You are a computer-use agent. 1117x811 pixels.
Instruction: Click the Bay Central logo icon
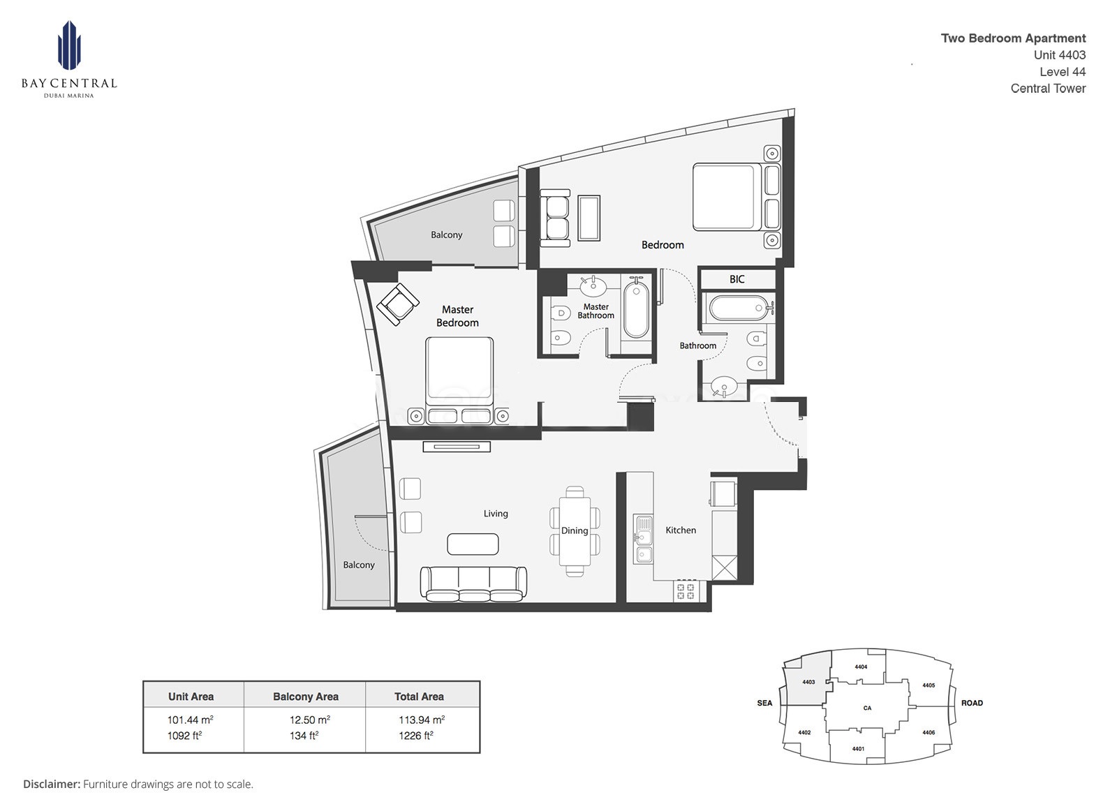69,46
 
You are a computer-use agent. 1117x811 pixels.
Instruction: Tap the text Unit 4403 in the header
1059,55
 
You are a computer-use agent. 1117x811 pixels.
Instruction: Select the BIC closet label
737,279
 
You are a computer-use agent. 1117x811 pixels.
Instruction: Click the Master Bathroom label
596,311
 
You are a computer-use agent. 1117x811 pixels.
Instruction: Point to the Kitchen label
680,530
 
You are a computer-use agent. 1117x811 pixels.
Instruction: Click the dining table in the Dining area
575,531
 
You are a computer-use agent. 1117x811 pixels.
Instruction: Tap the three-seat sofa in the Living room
473,583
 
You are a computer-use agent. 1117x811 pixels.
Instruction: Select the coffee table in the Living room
473,544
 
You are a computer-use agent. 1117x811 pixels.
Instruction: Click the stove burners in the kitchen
686,591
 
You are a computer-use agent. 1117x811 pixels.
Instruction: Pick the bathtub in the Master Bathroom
636,309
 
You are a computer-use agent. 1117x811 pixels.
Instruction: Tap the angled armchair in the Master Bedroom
397,304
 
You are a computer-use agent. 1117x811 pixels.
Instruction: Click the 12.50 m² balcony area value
309,720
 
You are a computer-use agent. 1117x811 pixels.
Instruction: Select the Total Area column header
419,697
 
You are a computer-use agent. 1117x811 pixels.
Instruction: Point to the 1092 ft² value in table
184,736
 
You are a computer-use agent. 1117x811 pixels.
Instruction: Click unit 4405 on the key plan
928,685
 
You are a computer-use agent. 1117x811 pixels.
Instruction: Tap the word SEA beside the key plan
764,703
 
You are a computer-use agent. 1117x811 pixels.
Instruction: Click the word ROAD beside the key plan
971,703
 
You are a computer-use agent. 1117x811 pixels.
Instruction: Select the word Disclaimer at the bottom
52,784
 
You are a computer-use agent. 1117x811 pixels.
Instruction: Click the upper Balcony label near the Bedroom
446,235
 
